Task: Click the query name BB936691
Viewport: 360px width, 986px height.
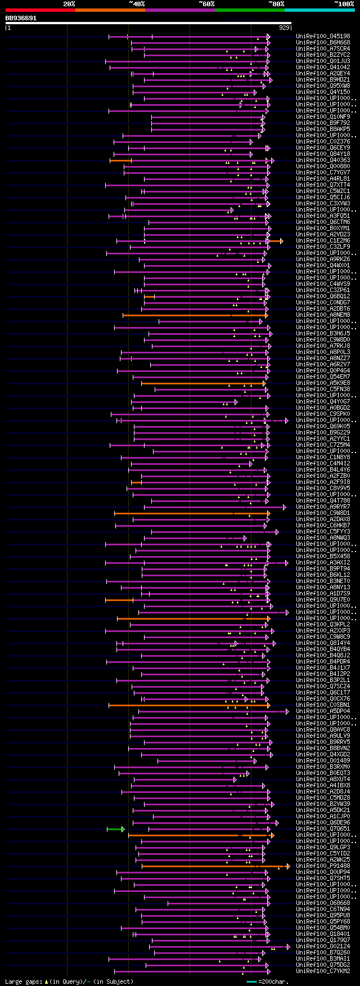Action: (x=21, y=18)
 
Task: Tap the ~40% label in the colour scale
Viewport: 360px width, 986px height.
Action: (x=137, y=4)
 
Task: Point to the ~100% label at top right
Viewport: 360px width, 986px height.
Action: (x=344, y=4)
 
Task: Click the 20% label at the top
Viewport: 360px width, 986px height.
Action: (x=69, y=4)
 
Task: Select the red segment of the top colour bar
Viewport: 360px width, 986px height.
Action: (x=40, y=10)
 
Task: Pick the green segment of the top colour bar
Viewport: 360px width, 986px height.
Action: (x=249, y=10)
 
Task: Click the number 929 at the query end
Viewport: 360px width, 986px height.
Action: (x=284, y=27)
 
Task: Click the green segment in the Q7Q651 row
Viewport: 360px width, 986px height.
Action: (x=115, y=829)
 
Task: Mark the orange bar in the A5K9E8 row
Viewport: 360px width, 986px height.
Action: (x=202, y=383)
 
